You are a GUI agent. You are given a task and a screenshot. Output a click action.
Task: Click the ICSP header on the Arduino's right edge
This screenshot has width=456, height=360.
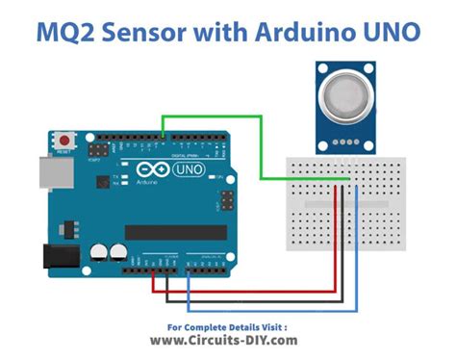228,199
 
